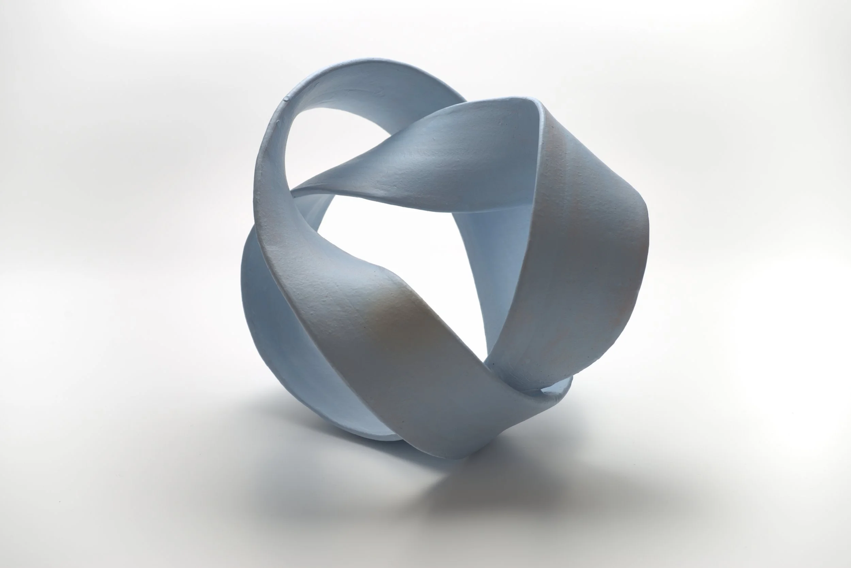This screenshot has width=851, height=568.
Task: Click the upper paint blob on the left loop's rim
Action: [x=286, y=98]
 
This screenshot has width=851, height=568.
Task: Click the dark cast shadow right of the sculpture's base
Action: [x=543, y=482]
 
